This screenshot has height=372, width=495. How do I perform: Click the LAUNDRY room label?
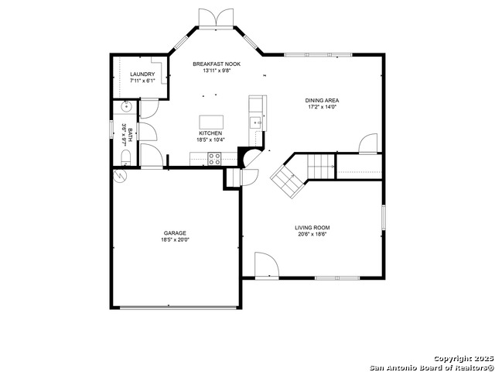(x=142, y=74)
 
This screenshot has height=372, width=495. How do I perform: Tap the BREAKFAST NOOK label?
(x=217, y=64)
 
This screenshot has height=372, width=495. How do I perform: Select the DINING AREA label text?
(x=322, y=101)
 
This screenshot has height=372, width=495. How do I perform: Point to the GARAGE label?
(x=175, y=233)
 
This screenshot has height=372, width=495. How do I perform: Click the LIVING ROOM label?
(x=312, y=227)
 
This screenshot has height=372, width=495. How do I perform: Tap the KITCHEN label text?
(x=210, y=133)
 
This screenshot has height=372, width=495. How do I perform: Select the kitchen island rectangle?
(x=211, y=122)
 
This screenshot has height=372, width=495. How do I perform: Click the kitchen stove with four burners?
(x=214, y=158)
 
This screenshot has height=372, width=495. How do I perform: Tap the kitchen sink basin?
(x=256, y=122)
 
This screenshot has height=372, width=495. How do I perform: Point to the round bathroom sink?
(x=127, y=106)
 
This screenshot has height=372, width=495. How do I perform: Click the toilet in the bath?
(x=125, y=158)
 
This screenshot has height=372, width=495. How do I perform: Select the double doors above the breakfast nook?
(x=217, y=18)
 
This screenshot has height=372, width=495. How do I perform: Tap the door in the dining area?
(x=368, y=144)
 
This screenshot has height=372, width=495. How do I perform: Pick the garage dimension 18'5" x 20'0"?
(x=175, y=239)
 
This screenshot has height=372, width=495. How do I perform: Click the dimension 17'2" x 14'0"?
(x=322, y=107)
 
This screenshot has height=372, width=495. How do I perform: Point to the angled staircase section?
(x=287, y=182)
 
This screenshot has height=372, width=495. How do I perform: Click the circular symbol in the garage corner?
(x=120, y=176)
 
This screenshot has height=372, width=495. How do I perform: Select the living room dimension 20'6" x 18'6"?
(x=312, y=234)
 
